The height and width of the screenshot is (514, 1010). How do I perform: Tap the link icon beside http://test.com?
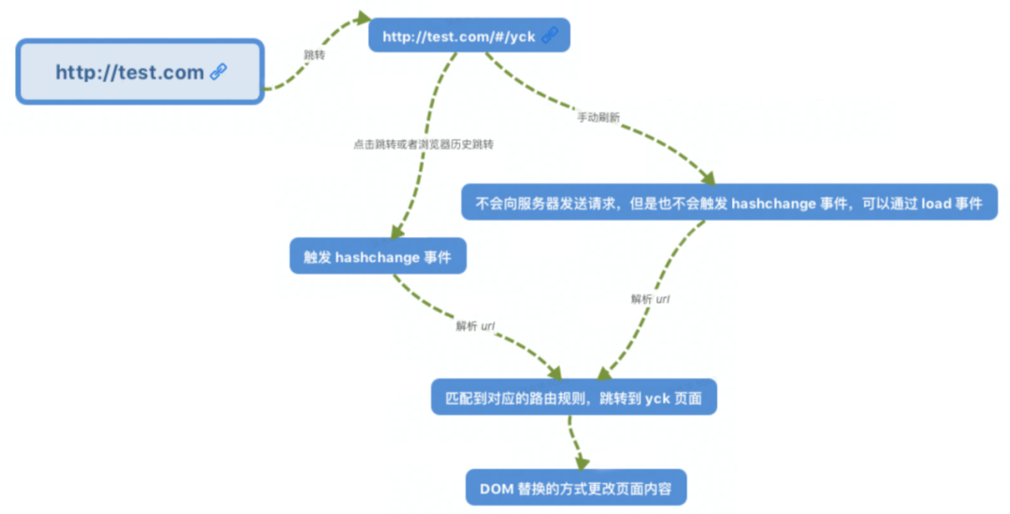tap(219, 72)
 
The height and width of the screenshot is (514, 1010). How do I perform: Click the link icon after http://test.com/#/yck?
tap(550, 36)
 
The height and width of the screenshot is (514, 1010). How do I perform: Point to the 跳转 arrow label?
tap(314, 55)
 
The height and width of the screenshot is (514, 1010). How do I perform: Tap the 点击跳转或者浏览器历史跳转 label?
tap(423, 145)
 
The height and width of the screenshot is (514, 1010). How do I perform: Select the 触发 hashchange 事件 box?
tap(377, 256)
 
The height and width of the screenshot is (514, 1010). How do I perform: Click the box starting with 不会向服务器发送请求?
tap(729, 202)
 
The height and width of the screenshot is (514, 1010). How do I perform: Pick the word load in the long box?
tap(936, 203)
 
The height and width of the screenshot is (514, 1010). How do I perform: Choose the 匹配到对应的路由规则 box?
tap(574, 397)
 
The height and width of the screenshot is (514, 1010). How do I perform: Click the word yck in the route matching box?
tap(657, 398)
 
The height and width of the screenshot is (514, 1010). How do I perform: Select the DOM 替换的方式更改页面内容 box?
tap(576, 487)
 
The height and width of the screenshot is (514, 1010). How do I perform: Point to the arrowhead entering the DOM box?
tap(583, 462)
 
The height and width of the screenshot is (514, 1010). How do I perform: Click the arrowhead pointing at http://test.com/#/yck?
tap(362, 18)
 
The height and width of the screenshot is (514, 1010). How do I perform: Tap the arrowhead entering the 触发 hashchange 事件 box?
tap(397, 232)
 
